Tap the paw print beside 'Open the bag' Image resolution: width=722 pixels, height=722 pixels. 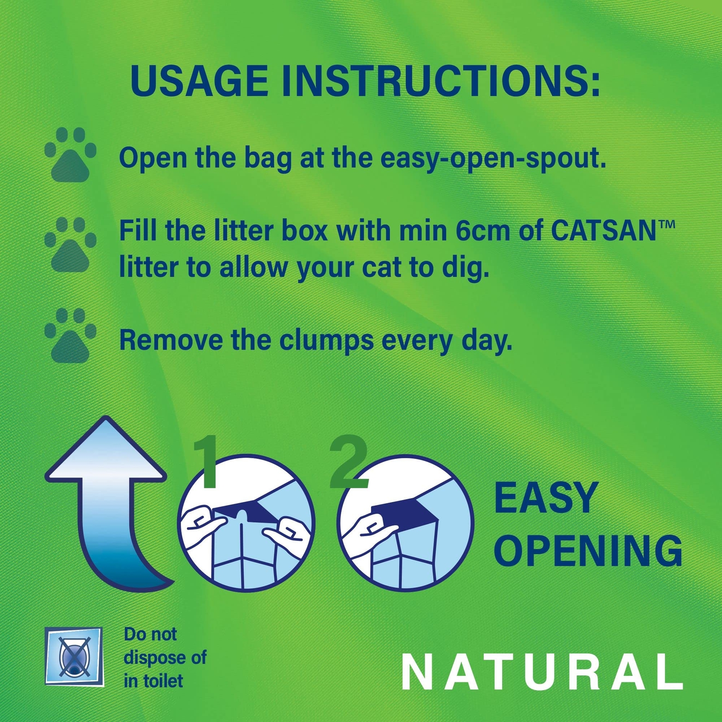tap(70, 154)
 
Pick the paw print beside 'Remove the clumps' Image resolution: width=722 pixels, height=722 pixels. tap(70, 335)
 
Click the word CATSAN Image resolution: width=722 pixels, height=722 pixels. tap(603, 231)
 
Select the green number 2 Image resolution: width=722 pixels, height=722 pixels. tap(348, 461)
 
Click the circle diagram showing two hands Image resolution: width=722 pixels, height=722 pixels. tap(246, 523)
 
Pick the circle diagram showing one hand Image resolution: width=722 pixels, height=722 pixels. tap(405, 523)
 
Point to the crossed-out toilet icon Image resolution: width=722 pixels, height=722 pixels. tap(74, 656)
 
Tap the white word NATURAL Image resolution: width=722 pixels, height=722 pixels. tap(542, 672)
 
